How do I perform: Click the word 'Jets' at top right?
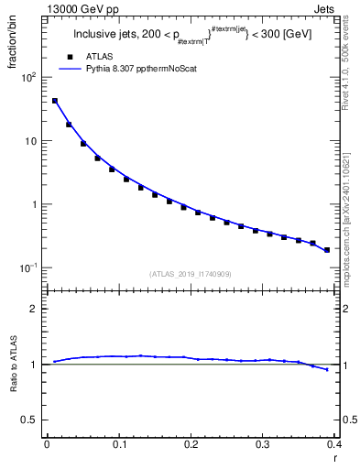(x=325, y=9)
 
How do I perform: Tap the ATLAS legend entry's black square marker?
(x=70, y=56)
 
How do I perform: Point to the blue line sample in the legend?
(x=70, y=69)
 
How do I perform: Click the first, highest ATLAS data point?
(x=54, y=101)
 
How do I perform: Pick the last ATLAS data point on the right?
(x=327, y=249)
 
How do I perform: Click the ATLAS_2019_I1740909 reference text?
(x=191, y=273)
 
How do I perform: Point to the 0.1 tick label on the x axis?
(x=119, y=443)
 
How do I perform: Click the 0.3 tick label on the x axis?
(x=263, y=443)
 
